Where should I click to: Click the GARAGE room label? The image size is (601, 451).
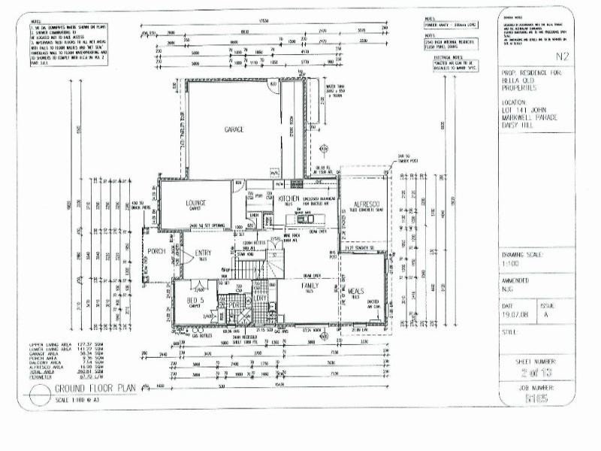click(234, 130)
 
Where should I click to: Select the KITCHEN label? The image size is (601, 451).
click(289, 199)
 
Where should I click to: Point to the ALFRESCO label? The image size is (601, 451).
click(368, 204)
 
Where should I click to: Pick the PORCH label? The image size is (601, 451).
click(156, 251)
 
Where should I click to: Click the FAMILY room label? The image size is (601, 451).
click(310, 286)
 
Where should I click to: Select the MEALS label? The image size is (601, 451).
click(355, 290)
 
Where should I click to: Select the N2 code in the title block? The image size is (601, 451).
click(562, 56)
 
